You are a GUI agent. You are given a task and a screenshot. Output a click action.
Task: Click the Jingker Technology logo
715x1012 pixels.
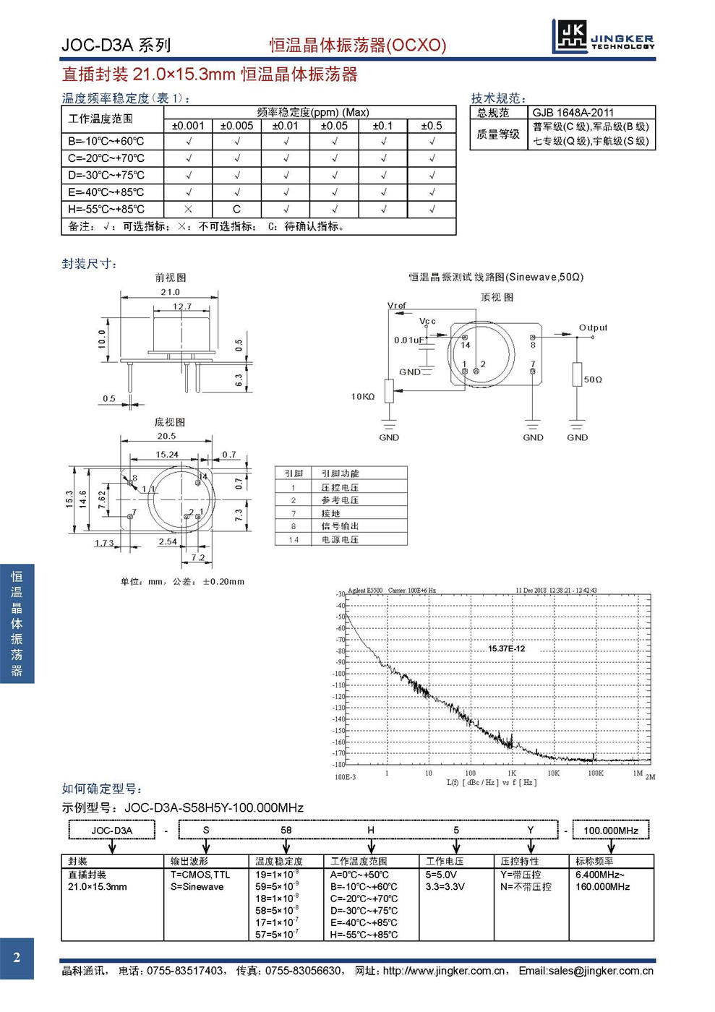click(603, 36)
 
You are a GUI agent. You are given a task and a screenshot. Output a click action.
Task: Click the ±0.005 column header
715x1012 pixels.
click(236, 126)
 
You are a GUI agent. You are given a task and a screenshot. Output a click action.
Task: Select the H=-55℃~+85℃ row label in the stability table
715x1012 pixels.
click(106, 209)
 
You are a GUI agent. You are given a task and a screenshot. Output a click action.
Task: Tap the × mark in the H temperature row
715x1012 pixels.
click(188, 209)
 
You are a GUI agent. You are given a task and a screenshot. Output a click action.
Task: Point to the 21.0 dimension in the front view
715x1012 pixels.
click(170, 292)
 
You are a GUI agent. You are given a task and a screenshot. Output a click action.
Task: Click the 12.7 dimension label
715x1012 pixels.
click(182, 306)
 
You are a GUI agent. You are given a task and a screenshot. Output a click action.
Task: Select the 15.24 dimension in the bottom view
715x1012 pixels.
click(167, 455)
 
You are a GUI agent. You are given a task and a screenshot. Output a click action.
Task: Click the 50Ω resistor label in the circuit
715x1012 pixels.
click(593, 379)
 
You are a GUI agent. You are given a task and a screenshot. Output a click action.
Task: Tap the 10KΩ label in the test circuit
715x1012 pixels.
click(363, 396)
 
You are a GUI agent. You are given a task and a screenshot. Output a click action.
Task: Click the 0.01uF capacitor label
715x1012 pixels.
click(408, 340)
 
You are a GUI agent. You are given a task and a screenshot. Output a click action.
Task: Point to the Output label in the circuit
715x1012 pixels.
click(593, 327)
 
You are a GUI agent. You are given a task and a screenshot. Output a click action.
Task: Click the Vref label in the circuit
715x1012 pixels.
click(397, 306)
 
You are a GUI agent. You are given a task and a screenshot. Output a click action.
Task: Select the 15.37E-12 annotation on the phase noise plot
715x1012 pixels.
click(506, 648)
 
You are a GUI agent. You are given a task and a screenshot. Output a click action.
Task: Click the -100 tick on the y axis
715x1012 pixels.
click(339, 674)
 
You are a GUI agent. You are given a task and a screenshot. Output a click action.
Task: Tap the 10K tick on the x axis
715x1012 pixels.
click(553, 773)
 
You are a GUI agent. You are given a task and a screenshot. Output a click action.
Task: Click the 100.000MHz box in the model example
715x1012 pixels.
click(611, 830)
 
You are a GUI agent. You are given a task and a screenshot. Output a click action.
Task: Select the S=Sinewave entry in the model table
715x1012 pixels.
click(197, 887)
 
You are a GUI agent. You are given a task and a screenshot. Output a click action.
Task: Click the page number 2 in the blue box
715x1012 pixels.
click(17, 959)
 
